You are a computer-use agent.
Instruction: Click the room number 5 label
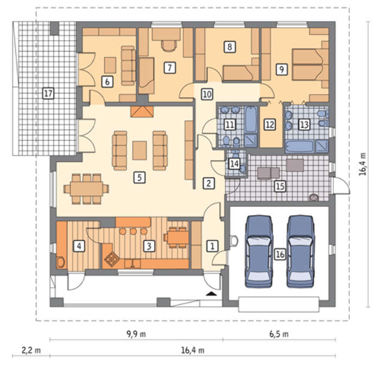tap(140, 178)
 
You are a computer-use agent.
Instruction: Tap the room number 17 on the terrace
tap(48, 93)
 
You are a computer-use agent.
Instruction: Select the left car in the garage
tap(259, 251)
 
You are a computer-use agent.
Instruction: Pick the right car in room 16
tap(301, 251)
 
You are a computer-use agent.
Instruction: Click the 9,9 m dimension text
tap(136, 334)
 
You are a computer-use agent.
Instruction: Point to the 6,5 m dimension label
tap(279, 334)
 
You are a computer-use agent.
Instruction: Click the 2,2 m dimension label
tap(31, 350)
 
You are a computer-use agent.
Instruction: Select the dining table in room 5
tap(86, 188)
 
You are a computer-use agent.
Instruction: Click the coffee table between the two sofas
tap(140, 150)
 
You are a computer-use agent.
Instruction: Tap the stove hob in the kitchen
tap(112, 259)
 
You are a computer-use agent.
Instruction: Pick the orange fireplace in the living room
tap(142, 111)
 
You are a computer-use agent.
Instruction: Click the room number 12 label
tap(270, 125)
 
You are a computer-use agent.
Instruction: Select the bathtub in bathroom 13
tap(300, 146)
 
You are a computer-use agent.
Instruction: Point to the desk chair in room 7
tap(169, 46)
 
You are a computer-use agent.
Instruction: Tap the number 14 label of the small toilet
tap(234, 163)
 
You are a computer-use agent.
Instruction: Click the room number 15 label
tap(280, 186)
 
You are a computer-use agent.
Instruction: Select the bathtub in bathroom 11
tap(251, 119)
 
